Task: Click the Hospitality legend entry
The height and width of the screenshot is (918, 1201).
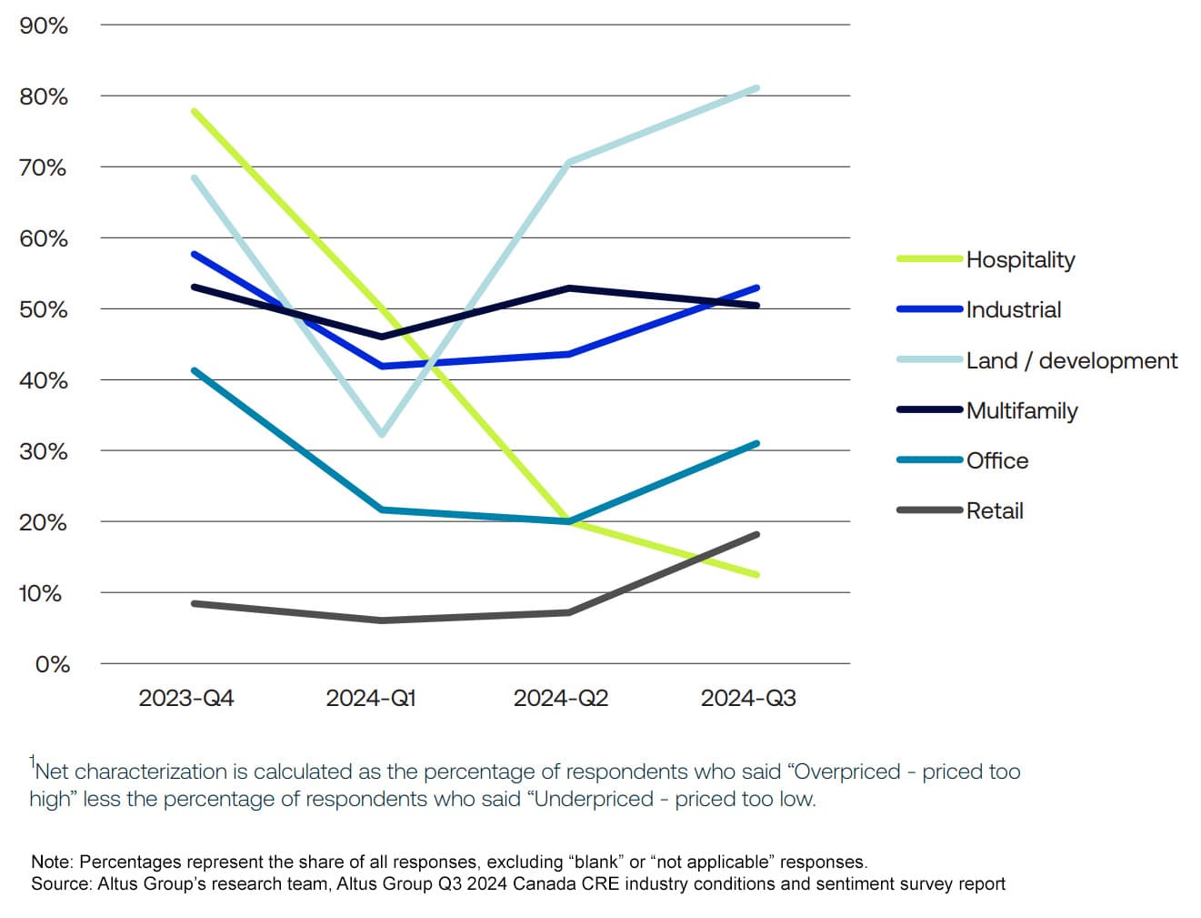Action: coord(1019,260)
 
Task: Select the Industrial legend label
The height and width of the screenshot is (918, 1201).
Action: coord(1013,310)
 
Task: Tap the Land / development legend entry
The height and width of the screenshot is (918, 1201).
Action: coord(1071,361)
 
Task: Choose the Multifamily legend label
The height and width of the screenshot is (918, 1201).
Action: coord(1021,411)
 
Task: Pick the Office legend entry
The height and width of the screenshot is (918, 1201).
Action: coord(996,461)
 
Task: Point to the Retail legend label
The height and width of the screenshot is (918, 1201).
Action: coord(994,511)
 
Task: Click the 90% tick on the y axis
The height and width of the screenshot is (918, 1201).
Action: coord(44,25)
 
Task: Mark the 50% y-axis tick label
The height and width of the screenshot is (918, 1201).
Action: coord(44,309)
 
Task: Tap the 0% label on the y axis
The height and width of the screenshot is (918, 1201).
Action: coord(52,664)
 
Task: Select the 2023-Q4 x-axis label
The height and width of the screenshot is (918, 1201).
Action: coord(185,699)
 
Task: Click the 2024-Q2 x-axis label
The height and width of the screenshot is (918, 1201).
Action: coord(560,699)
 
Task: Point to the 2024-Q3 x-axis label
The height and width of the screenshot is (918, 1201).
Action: coord(747,699)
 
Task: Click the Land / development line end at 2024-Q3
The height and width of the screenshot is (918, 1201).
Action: coord(756,88)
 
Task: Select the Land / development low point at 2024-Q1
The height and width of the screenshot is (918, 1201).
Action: coord(382,434)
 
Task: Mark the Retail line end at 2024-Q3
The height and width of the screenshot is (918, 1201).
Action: coord(756,534)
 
